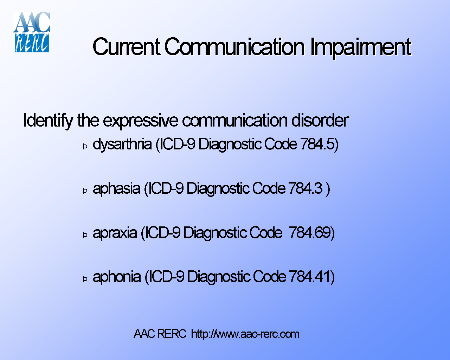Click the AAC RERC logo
32,32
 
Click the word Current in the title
126,47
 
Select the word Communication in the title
234,47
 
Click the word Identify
48,121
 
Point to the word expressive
141,121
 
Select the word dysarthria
122,144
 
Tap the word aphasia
116,189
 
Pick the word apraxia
115,233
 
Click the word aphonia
117,277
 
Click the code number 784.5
317,144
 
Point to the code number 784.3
305,188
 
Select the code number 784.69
310,233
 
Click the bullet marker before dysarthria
85,146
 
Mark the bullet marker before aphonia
85,279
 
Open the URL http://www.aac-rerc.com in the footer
245,334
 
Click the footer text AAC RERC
160,334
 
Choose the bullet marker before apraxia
85,235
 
